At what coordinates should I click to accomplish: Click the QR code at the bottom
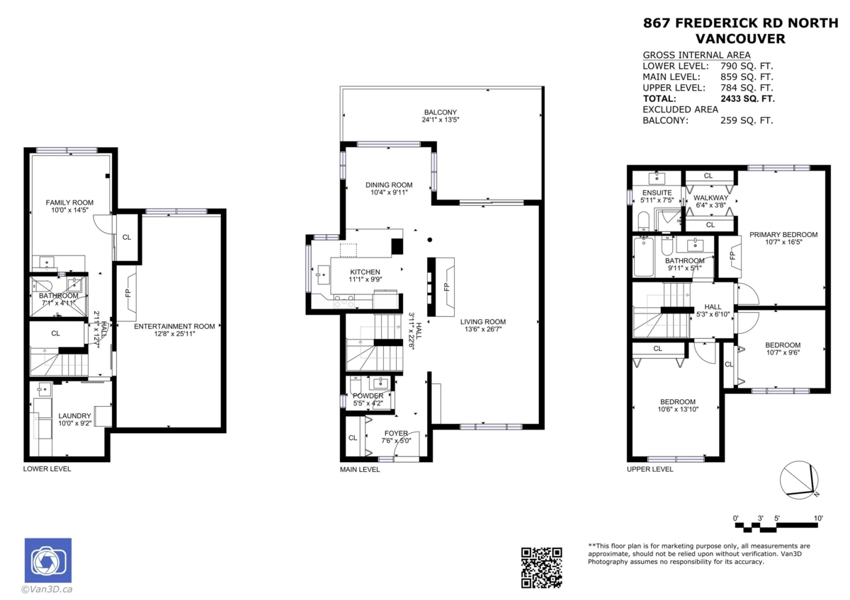pos(542,567)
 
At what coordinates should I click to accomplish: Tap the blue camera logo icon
pos(47,560)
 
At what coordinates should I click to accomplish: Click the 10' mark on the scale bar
pos(818,518)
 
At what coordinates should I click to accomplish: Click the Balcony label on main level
pos(441,112)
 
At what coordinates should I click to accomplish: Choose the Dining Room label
pos(389,185)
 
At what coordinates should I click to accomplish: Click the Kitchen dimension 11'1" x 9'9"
pos(365,280)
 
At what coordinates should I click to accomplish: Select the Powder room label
pos(368,396)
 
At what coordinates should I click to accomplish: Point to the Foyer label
pos(396,433)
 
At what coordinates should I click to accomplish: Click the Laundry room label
pos(74,415)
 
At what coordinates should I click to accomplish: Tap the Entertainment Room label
pos(174,326)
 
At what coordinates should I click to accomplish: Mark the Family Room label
pos(69,202)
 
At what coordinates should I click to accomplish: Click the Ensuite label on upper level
pos(652,192)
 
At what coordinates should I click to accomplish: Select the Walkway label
pos(710,197)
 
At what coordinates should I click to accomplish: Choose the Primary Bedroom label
pos(783,235)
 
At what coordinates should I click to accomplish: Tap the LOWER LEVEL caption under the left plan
pos(47,468)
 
